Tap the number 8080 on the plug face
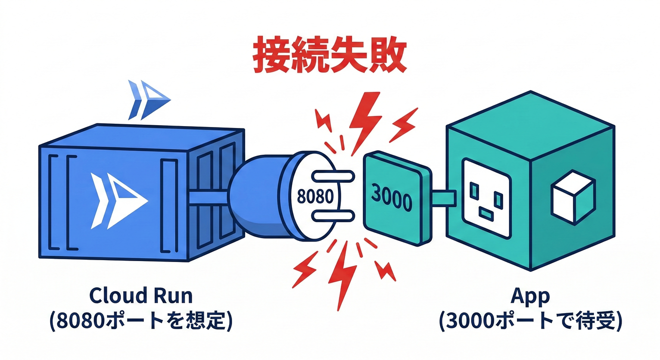point(315,195)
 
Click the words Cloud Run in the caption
point(140,296)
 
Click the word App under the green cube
point(531,296)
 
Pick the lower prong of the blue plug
point(331,215)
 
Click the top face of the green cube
point(530,120)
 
